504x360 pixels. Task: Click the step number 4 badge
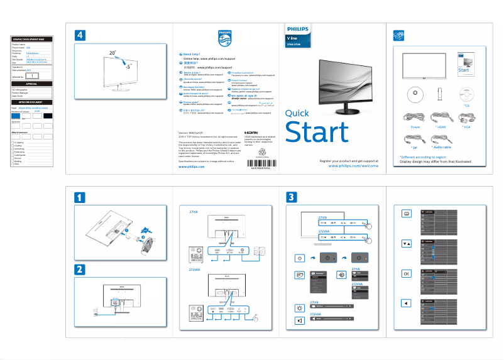coord(80,35)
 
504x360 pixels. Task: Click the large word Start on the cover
coord(317,133)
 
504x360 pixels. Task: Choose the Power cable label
coord(415,126)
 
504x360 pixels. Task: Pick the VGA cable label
coord(466,126)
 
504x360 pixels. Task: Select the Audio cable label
coord(442,147)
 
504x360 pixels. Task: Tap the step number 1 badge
coord(80,197)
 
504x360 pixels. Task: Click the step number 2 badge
coord(80,270)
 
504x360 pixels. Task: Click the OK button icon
coord(406,274)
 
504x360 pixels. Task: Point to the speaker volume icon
coord(299,320)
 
